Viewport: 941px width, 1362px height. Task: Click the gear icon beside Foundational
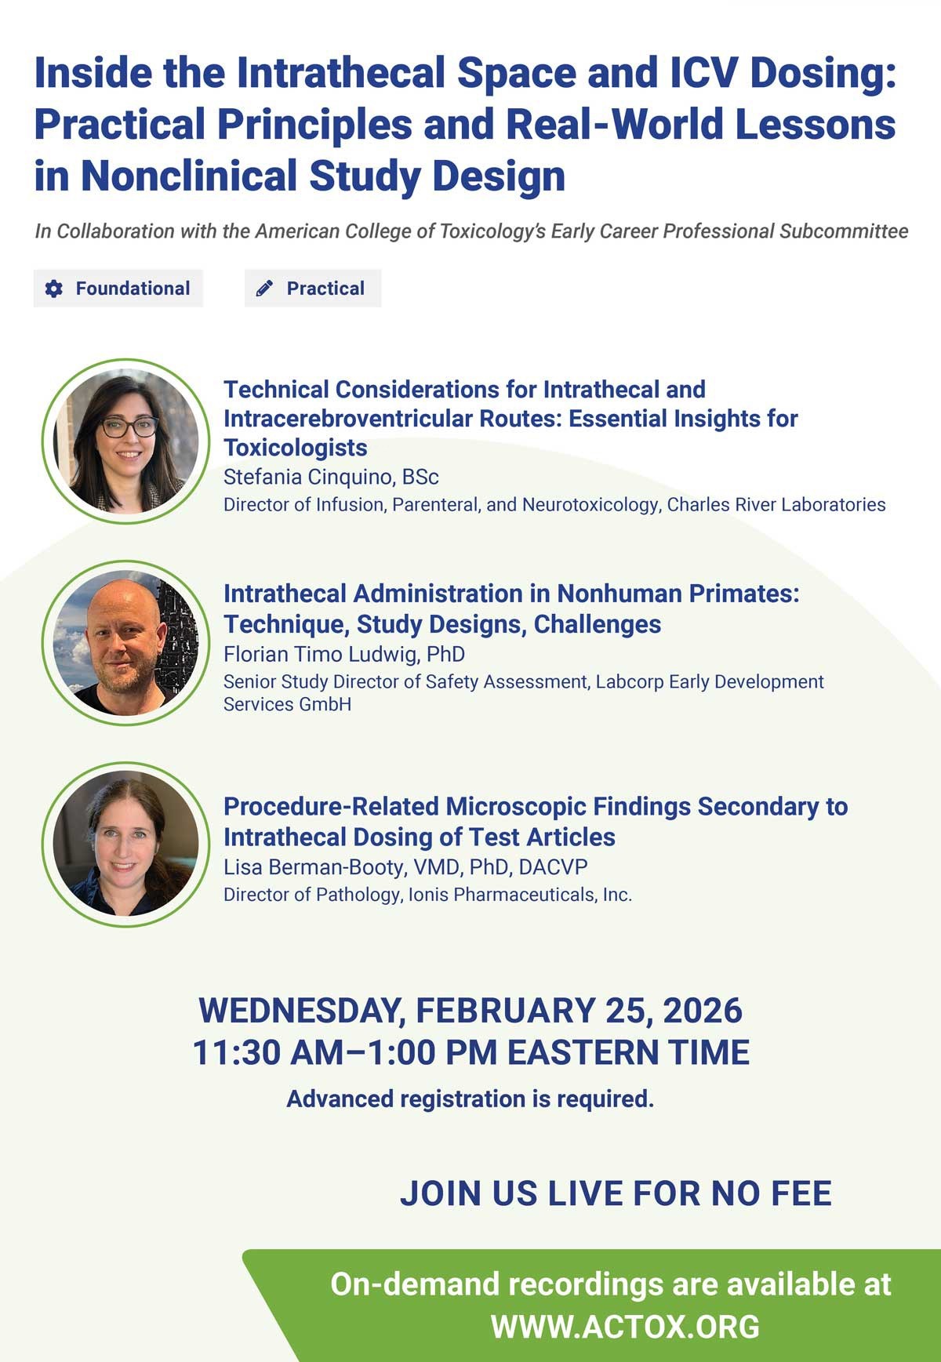(x=53, y=289)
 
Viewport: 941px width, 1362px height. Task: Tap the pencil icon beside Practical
(x=264, y=289)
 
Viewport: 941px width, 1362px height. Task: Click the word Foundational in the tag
(x=133, y=289)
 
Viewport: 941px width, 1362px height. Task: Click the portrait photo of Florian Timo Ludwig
(x=125, y=643)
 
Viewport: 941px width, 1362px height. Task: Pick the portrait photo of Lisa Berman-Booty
(x=125, y=844)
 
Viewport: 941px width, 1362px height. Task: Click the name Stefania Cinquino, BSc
(x=331, y=477)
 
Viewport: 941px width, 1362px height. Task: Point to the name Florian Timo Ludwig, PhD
(x=344, y=654)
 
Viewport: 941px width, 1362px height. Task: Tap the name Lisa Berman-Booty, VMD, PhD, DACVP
(x=405, y=866)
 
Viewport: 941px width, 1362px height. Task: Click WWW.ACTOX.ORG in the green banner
(x=625, y=1327)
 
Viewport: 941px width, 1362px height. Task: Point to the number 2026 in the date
(x=703, y=1010)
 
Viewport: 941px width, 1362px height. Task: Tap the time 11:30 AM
(x=268, y=1052)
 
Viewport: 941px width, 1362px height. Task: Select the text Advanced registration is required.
(x=470, y=1099)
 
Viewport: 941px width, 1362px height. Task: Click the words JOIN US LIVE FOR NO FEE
(x=616, y=1193)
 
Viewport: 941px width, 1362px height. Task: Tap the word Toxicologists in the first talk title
(x=296, y=448)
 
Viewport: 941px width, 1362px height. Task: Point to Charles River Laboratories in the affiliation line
(x=776, y=504)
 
